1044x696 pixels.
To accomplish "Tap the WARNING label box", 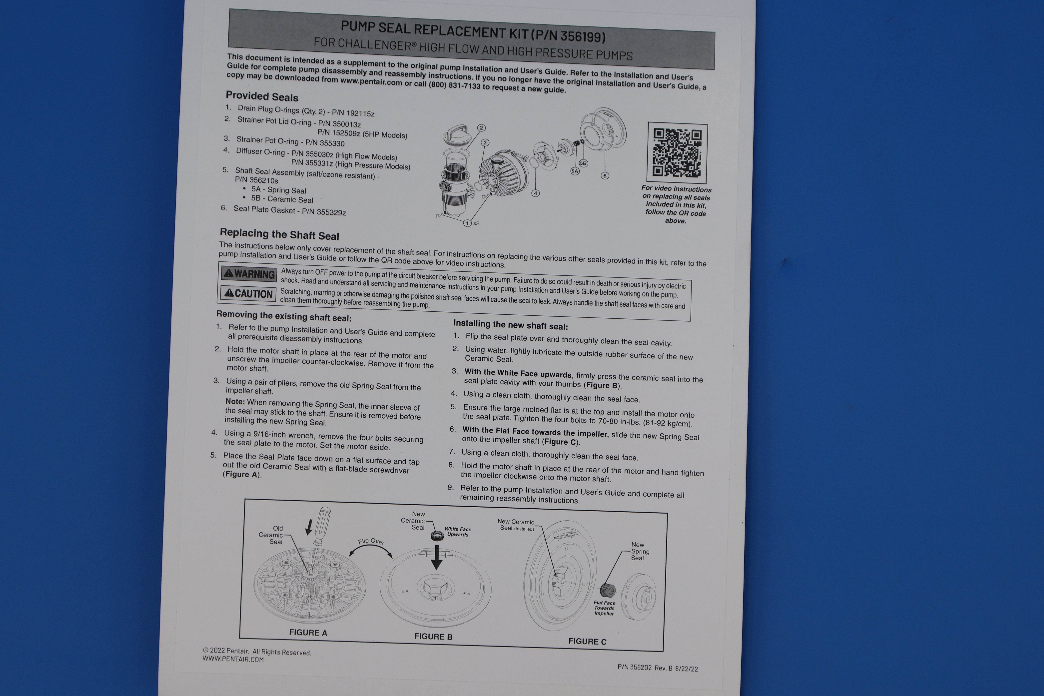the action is (x=250, y=274).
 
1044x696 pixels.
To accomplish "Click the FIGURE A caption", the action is (x=308, y=632).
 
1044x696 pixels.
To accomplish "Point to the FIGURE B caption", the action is (x=433, y=636).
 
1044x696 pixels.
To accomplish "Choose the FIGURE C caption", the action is (x=587, y=641).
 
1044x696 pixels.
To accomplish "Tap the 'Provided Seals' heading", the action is (x=262, y=96).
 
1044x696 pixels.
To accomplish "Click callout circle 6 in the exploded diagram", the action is (x=604, y=175).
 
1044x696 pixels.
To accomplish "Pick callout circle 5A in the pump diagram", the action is (x=575, y=171).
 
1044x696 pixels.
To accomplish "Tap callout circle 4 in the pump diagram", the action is (x=536, y=193).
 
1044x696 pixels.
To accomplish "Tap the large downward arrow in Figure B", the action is (x=437, y=557).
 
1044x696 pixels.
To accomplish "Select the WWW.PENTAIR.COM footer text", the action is (x=233, y=659).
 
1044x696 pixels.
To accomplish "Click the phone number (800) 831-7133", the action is (x=454, y=85).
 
